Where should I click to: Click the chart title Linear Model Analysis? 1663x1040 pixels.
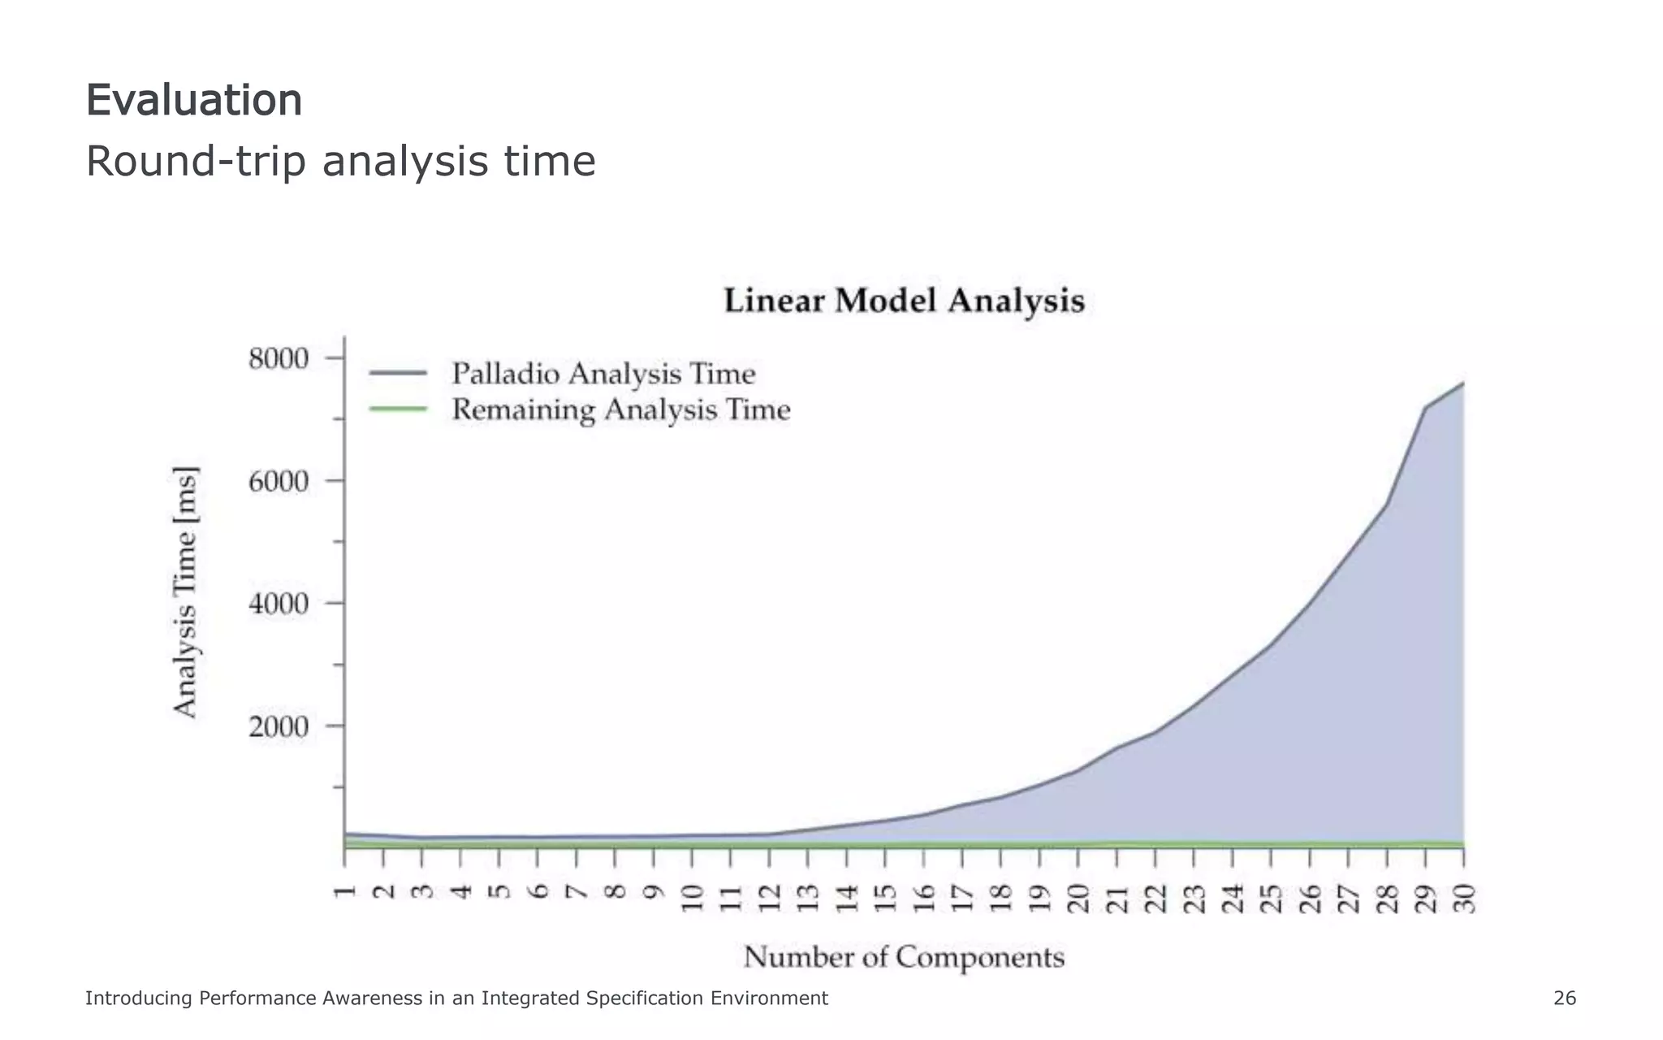904,301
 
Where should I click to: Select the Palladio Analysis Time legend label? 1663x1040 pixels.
603,374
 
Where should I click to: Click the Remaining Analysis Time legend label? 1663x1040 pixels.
620,409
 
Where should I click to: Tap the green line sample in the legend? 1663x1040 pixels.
398,409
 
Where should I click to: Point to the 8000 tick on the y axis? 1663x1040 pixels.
279,358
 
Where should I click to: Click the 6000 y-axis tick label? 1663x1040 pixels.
279,481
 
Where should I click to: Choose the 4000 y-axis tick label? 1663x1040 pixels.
279,604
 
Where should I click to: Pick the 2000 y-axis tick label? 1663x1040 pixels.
279,726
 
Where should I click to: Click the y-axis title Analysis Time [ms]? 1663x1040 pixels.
185,592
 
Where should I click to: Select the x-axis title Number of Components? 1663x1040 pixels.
904,957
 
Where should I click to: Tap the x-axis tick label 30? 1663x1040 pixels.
1464,899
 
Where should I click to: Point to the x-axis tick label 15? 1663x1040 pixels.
885,899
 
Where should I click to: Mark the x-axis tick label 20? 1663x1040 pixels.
1078,899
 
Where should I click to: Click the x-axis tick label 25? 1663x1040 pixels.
1271,899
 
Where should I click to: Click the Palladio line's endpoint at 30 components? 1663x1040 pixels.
1463,383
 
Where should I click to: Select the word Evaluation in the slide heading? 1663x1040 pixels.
194,101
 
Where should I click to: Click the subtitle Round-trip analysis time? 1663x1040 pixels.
340,161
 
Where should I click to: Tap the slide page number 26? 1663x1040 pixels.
1564,999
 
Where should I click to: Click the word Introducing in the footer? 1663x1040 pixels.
140,999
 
